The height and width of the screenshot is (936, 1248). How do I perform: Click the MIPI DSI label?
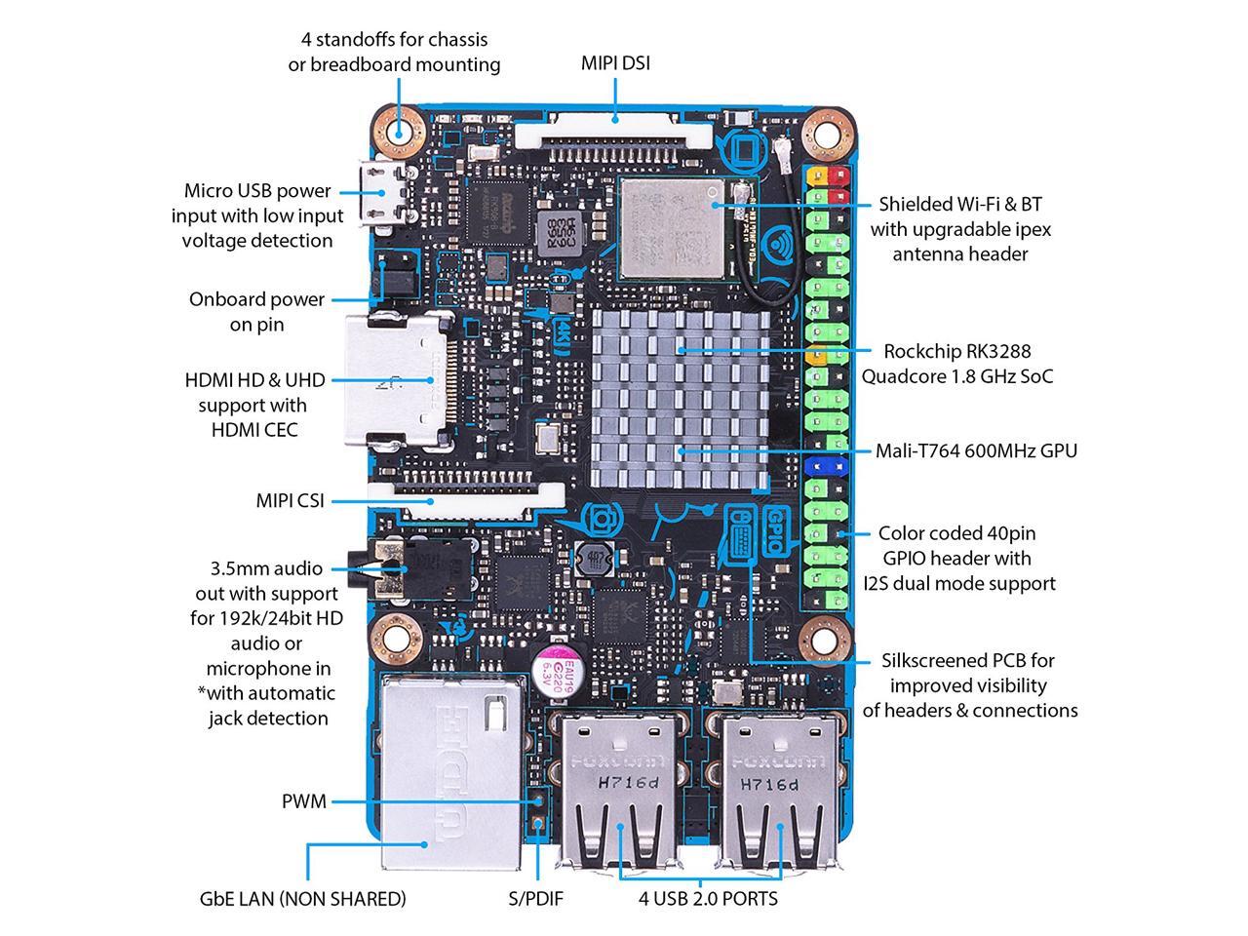tap(615, 63)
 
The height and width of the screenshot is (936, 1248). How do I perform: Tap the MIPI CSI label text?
tap(290, 501)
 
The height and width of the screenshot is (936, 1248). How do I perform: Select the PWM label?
tap(303, 801)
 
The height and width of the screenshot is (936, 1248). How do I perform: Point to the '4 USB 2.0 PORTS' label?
tap(708, 898)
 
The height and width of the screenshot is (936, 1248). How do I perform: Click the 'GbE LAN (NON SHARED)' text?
tap(302, 898)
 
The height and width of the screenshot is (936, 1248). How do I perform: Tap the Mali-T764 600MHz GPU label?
tap(976, 450)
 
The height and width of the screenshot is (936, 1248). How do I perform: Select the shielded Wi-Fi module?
tap(674, 227)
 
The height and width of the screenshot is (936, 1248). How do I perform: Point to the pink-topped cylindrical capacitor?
tap(559, 670)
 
